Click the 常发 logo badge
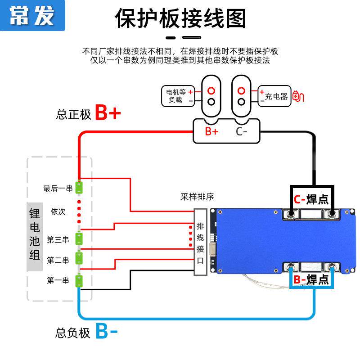click(32, 15)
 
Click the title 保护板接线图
click(181, 18)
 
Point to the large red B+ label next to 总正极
click(108, 114)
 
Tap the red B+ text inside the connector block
click(211, 131)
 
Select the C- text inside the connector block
click(242, 131)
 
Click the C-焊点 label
click(311, 199)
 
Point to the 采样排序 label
click(197, 197)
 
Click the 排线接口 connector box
click(200, 242)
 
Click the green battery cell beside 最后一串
click(79, 187)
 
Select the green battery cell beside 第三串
click(79, 239)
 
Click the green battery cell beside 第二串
click(79, 259)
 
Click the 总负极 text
click(73, 333)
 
